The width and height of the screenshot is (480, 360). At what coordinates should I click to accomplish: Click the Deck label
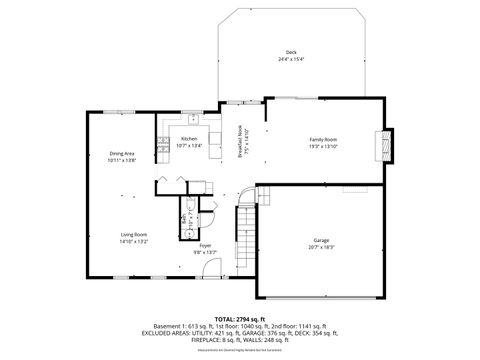tap(291, 52)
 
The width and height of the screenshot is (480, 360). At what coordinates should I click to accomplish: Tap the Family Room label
tap(322, 139)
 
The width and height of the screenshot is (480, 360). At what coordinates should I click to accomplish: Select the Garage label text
tap(321, 240)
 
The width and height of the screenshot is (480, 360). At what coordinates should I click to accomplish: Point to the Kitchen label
tap(189, 139)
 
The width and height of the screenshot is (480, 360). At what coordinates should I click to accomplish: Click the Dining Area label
tap(122, 153)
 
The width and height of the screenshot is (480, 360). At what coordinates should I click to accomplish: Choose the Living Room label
tap(134, 234)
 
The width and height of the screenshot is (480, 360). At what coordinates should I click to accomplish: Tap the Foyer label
tap(205, 245)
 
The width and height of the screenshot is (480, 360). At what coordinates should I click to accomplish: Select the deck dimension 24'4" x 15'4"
tap(291, 59)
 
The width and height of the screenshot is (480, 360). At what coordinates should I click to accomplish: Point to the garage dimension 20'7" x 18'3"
tap(321, 247)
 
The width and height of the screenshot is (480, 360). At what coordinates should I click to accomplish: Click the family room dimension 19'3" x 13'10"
tap(322, 146)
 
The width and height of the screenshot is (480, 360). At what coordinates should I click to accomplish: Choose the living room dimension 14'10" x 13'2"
tap(134, 241)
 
